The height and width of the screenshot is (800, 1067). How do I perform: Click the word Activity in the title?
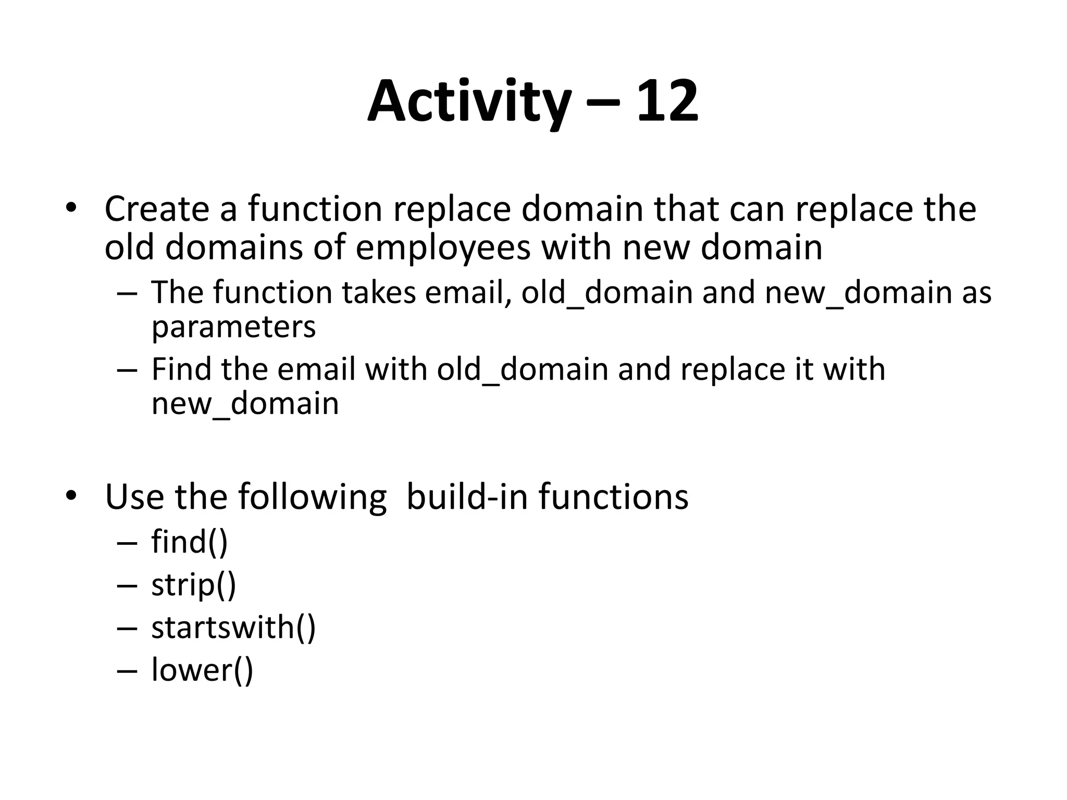click(x=468, y=102)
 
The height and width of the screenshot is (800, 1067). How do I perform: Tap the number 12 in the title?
click(x=666, y=102)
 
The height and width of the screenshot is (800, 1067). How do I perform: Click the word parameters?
click(x=233, y=327)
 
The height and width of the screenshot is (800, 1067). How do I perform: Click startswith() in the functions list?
click(x=233, y=627)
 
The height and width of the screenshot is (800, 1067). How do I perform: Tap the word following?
click(x=313, y=497)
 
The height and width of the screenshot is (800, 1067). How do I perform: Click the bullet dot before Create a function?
click(x=71, y=208)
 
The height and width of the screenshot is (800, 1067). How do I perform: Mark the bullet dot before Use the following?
click(x=71, y=496)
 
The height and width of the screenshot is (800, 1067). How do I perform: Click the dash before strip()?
click(x=127, y=585)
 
